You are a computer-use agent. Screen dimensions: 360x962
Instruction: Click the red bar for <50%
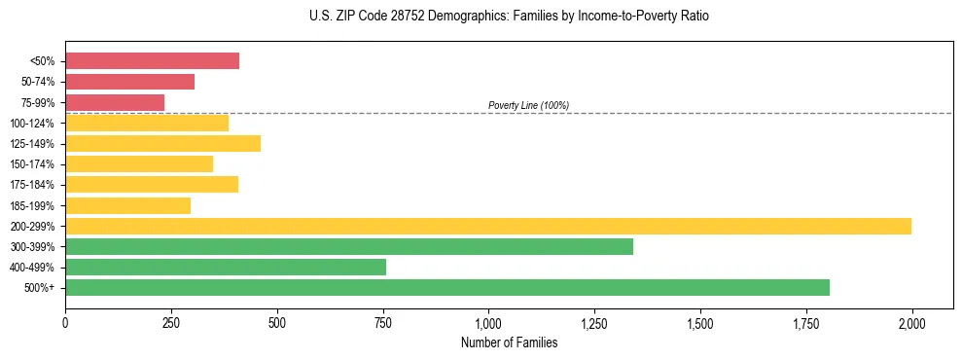point(152,61)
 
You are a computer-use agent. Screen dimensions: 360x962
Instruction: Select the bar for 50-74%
point(129,82)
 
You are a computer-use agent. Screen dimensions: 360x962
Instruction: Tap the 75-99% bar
point(115,102)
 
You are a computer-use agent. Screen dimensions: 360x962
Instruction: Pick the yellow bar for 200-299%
point(487,226)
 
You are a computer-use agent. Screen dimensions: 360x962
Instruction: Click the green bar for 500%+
point(446,287)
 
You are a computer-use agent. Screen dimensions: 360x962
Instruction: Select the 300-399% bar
point(348,246)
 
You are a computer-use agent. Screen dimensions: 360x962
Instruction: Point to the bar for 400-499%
point(225,267)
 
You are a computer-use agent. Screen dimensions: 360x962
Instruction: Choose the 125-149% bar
point(162,144)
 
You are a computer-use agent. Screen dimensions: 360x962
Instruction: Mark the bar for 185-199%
point(127,205)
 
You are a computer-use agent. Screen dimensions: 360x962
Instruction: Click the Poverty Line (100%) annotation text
point(528,105)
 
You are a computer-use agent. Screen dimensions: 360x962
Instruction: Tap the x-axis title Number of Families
point(509,342)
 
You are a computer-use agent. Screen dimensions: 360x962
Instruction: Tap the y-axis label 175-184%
point(32,185)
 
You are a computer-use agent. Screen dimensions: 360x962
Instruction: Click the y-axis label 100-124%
point(32,124)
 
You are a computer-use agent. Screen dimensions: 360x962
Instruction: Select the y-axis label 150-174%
point(32,164)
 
